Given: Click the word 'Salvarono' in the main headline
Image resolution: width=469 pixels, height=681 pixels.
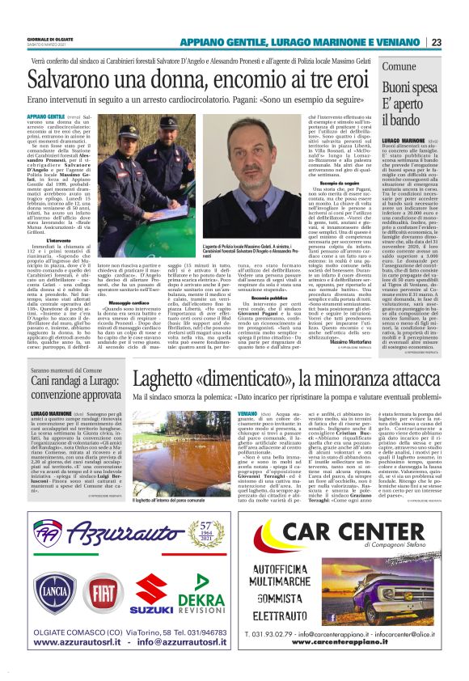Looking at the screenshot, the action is click(x=67, y=82).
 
